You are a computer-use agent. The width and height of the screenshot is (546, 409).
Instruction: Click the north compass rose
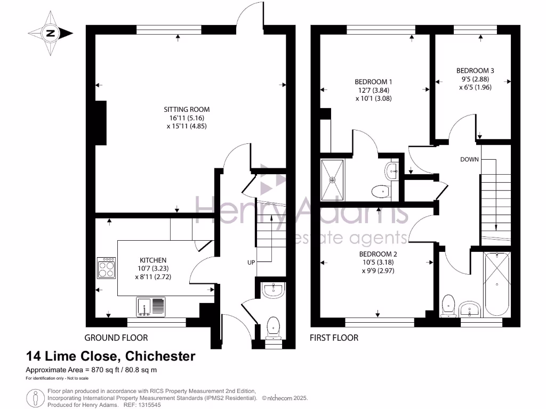pos(51,34)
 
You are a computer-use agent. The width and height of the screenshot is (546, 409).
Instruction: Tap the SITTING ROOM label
pos(187,109)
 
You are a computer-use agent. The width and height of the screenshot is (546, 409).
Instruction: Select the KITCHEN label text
pos(153,260)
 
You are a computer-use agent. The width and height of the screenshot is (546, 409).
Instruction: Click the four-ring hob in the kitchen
pos(106,268)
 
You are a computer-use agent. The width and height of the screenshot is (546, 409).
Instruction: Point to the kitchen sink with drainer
pos(151,307)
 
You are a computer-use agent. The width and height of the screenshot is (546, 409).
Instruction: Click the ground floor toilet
pos(274,328)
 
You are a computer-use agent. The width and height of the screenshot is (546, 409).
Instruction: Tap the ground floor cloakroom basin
pos(274,290)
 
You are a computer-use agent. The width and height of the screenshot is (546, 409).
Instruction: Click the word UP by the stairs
pos(251,263)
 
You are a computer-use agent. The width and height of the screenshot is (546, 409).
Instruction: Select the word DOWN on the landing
pos(469,159)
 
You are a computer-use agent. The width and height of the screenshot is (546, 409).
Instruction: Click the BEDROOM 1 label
pos(373,81)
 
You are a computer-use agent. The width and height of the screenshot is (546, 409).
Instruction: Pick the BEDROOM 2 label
pos(378,254)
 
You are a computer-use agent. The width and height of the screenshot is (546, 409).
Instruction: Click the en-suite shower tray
pos(332,180)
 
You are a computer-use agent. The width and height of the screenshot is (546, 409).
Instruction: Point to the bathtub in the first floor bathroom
pos(497,284)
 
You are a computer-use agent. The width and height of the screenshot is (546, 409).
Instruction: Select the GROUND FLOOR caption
pos(116,338)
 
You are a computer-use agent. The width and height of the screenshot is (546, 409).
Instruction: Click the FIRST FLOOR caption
pos(334,338)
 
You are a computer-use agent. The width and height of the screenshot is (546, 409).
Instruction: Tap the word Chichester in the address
pos(160,356)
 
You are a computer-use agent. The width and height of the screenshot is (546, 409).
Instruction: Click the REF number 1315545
pos(149,405)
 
